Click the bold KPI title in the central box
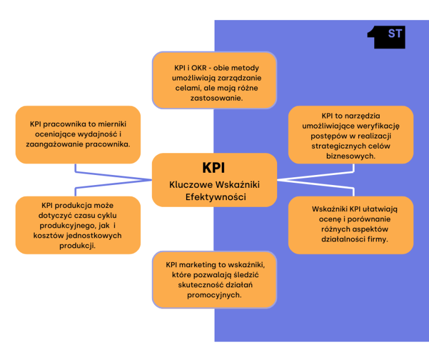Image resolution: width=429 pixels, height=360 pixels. (214, 168)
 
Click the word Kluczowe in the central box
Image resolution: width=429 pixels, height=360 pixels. (188, 185)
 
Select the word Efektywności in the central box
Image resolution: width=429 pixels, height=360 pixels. (214, 197)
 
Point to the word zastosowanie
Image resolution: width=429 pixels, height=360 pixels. (214, 98)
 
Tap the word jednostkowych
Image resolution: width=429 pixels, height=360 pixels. (96, 236)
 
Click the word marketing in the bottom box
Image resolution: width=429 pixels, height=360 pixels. (201, 264)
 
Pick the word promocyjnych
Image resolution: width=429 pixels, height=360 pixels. (214, 295)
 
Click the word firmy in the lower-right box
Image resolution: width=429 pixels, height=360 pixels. (376, 239)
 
